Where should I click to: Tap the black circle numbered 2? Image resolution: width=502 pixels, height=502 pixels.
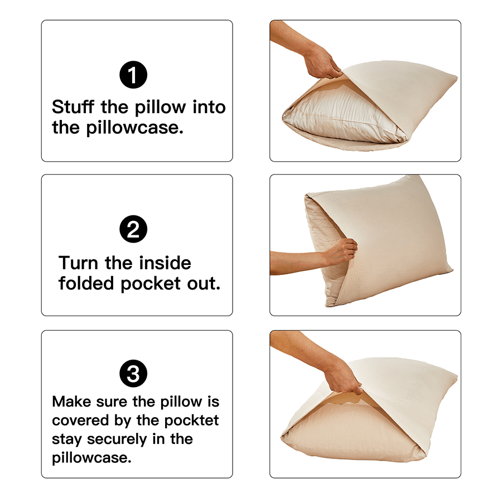[133, 229]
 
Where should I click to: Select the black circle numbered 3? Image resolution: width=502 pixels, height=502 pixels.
[133, 374]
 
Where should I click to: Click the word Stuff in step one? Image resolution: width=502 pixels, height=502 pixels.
[74, 107]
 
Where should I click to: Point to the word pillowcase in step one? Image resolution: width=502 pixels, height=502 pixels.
[134, 128]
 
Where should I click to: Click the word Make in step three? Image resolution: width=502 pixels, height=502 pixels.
[71, 401]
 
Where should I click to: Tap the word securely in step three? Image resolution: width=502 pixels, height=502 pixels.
[115, 438]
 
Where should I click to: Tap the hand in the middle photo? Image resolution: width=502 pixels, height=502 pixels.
[340, 252]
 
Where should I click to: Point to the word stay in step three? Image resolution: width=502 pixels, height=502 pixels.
[65, 438]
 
